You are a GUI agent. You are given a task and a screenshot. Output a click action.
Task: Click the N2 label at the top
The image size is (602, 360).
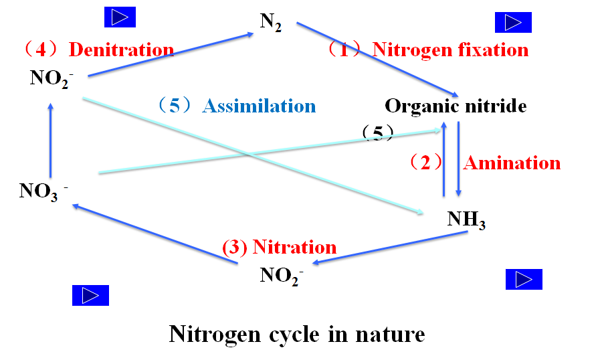[x=270, y=22]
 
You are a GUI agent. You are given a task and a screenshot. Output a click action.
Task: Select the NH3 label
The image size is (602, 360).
[x=466, y=219]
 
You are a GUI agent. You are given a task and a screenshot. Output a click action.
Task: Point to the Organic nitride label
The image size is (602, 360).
[x=456, y=106]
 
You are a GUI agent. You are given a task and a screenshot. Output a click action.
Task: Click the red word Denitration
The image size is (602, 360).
[x=121, y=50]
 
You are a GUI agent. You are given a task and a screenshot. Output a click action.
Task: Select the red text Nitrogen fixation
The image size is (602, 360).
[x=450, y=50]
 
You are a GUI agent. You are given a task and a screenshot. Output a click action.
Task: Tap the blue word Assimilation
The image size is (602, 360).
[x=259, y=106]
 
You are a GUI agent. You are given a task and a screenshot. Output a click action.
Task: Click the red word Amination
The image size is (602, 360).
[x=512, y=163]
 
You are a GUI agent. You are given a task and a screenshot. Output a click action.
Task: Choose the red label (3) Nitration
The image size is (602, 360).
[x=279, y=247]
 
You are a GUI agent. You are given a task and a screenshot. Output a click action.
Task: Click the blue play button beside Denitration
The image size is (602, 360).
[x=120, y=17]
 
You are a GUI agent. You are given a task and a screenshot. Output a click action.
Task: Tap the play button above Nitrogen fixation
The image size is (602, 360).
[x=513, y=23]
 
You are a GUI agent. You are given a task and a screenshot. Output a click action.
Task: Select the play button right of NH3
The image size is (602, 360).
[x=524, y=280]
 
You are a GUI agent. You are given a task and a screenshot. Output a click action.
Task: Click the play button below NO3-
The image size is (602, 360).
[x=90, y=295]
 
